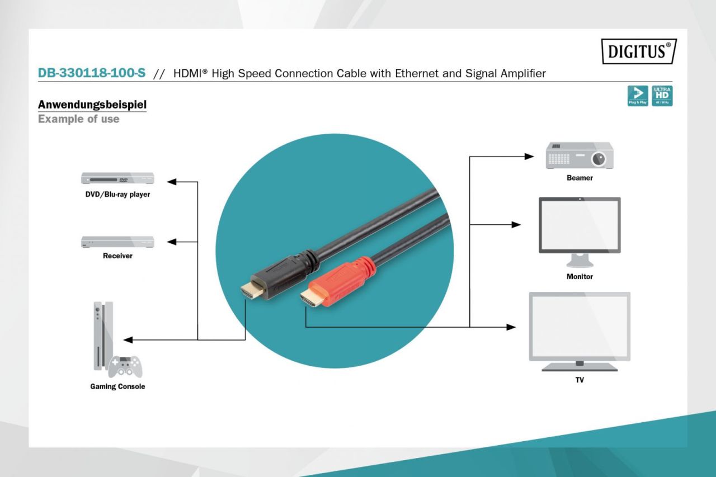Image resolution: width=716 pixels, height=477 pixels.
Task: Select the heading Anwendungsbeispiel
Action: (x=92, y=105)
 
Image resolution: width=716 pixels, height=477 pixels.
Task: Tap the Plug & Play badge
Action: (x=638, y=96)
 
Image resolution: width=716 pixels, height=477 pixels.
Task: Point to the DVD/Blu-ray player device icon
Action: (x=117, y=179)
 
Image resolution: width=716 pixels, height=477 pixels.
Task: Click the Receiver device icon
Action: (x=117, y=242)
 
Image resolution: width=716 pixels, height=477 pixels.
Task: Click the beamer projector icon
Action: (x=579, y=155)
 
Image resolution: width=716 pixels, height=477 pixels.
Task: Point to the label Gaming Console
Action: (x=117, y=386)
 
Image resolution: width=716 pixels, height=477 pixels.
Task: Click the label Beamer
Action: (x=580, y=178)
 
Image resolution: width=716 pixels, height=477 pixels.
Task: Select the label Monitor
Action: (x=580, y=277)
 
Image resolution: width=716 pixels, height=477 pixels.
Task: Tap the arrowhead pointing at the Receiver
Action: (x=172, y=242)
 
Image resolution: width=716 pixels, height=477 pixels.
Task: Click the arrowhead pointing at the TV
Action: (x=511, y=327)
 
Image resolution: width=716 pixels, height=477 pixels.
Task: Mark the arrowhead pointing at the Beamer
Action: (x=529, y=157)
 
